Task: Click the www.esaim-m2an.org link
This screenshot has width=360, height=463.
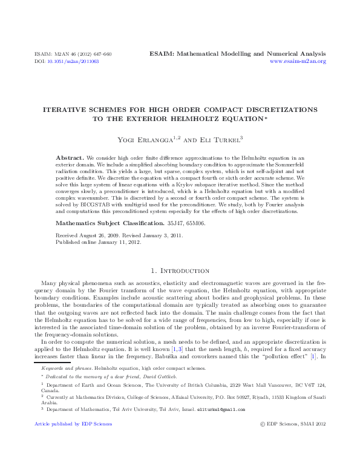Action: pyautogui.click(x=298, y=62)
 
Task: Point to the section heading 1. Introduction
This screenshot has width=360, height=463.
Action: pyautogui.click(x=180, y=270)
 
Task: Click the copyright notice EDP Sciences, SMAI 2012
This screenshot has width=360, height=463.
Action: pyautogui.click(x=295, y=424)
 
